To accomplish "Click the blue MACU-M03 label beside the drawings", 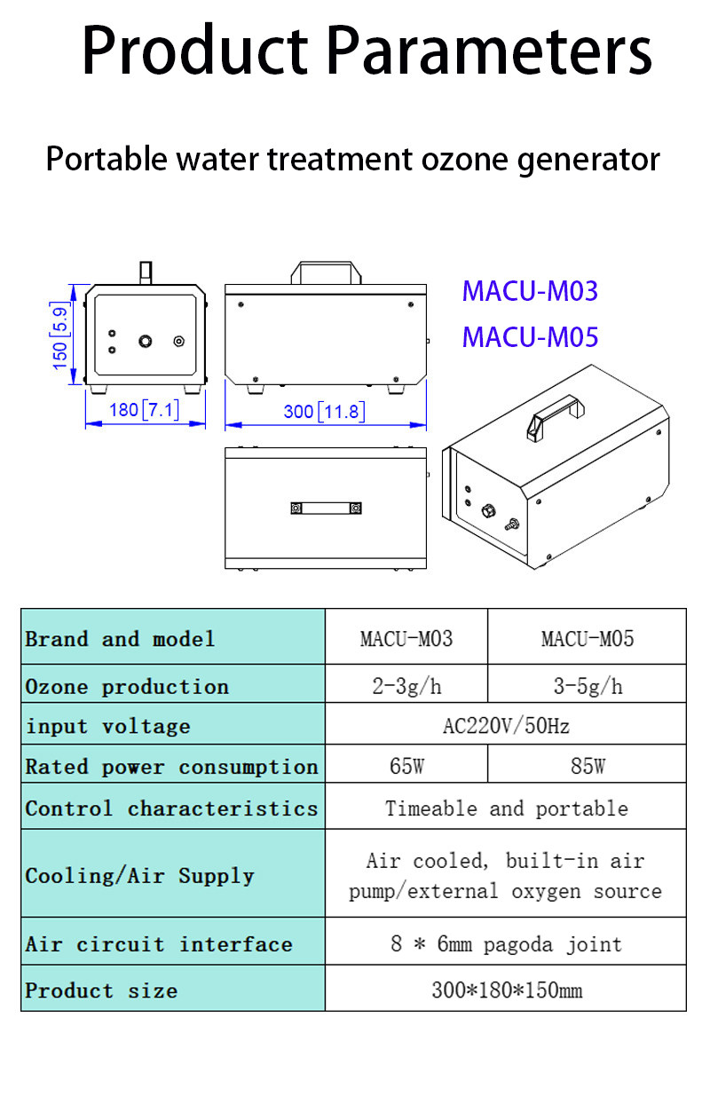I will (x=530, y=291).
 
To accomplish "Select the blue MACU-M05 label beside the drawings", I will (x=530, y=337).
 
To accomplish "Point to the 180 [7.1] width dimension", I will (x=144, y=410).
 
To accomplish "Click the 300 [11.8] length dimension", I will (x=324, y=412).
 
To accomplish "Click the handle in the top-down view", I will (x=326, y=508).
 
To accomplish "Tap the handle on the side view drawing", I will (x=328, y=271).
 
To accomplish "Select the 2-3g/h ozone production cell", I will (x=406, y=686).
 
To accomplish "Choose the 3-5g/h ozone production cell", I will (x=587, y=686).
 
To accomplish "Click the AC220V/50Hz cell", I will (x=506, y=726).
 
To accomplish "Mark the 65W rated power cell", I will (x=406, y=766).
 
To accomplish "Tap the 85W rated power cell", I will (x=587, y=766).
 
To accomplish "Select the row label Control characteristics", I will (x=171, y=808).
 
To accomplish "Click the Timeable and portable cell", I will (x=506, y=808).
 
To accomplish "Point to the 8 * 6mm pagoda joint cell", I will (x=506, y=943).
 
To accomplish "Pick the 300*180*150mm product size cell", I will (x=506, y=990).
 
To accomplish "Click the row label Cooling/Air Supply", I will (x=139, y=876).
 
